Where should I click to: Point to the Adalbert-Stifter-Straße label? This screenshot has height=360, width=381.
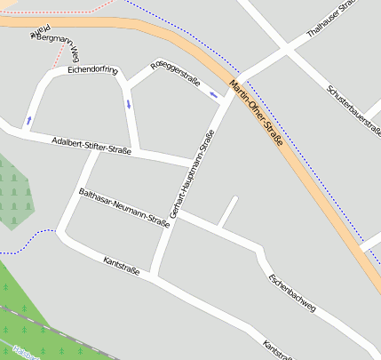pos(91,146)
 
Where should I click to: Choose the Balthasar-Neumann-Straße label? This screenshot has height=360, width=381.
pos(123,207)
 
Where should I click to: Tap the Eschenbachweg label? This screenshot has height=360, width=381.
pos(291,292)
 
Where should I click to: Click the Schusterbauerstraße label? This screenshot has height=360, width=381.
pos(353,110)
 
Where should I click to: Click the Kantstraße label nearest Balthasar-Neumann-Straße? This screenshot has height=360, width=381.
pos(122,265)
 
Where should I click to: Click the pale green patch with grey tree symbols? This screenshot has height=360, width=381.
pos(14,194)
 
